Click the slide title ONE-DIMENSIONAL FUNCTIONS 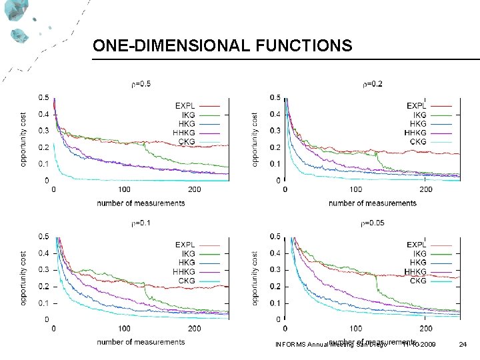pyautogui.click(x=222, y=45)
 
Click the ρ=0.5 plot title pyautogui.click(x=140, y=84)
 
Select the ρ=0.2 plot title pyautogui.click(x=372, y=84)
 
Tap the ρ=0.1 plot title pyautogui.click(x=140, y=223)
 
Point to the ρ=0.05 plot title pyautogui.click(x=373, y=223)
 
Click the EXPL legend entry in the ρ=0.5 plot pyautogui.click(x=185, y=105)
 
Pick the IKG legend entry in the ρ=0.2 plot pyautogui.click(x=419, y=115)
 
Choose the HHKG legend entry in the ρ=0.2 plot pyautogui.click(x=417, y=133)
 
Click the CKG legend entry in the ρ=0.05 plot pyautogui.click(x=418, y=281)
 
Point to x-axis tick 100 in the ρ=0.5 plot pyautogui.click(x=124, y=189)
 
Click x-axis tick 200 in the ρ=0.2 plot pyautogui.click(x=426, y=189)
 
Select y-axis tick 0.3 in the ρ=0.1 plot pyautogui.click(x=43, y=269)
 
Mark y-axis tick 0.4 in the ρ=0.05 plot pyautogui.click(x=274, y=253)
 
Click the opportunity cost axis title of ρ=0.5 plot pyautogui.click(x=24, y=139)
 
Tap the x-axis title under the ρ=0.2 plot pyautogui.click(x=373, y=203)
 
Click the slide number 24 pyautogui.click(x=463, y=344)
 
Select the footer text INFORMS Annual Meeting pyautogui.click(x=314, y=345)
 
